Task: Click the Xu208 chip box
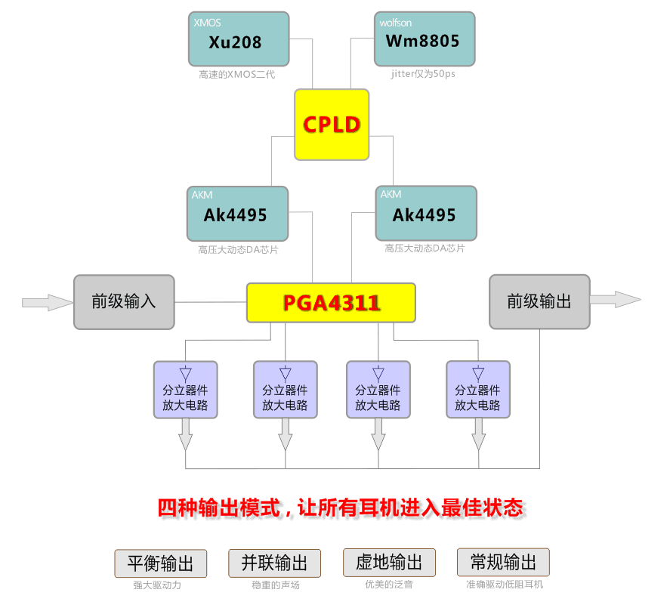pos(238,39)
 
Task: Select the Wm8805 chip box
pos(425,39)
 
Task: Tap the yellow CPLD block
pos(332,125)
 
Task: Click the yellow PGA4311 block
pos(331,303)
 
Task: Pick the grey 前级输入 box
pos(124,302)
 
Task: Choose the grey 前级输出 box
pos(539,302)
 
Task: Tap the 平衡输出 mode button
pos(160,563)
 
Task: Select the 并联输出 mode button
pos(274,563)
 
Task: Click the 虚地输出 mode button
pos(389,563)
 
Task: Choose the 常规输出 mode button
pos(503,563)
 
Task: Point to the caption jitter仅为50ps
pos(423,74)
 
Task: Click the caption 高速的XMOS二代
pos(237,75)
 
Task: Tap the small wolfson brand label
pos(396,23)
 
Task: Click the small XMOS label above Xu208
pos(208,23)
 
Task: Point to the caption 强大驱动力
pos(157,585)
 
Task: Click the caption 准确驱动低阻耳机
pos(505,585)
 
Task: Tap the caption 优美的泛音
pos(389,585)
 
